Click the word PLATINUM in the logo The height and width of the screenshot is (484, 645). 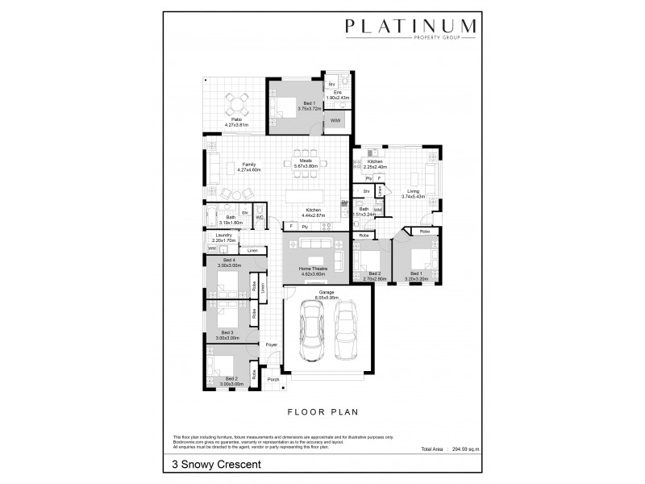(x=410, y=27)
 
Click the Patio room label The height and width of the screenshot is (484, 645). (x=237, y=121)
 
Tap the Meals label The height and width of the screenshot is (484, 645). (x=306, y=161)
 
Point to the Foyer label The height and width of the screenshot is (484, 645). (x=272, y=345)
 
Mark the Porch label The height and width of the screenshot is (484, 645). (x=273, y=379)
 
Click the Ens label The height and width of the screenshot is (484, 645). (x=339, y=93)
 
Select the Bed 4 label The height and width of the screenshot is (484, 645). (x=229, y=260)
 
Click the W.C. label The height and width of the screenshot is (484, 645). (x=260, y=217)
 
